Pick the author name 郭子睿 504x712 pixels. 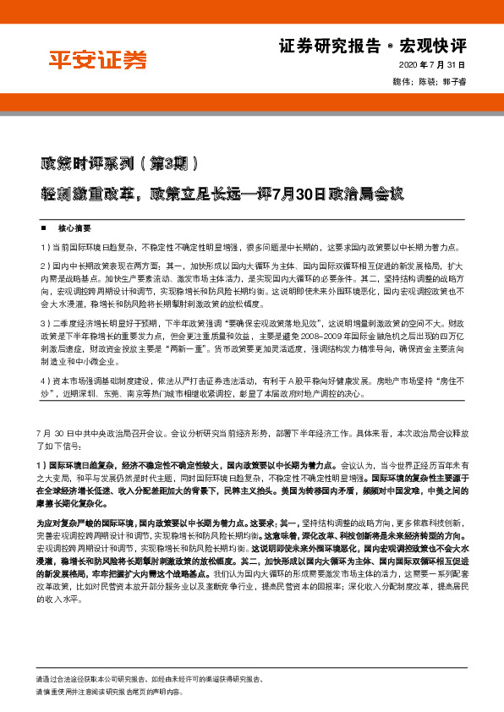(452, 81)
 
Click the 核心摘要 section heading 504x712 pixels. (74, 228)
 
